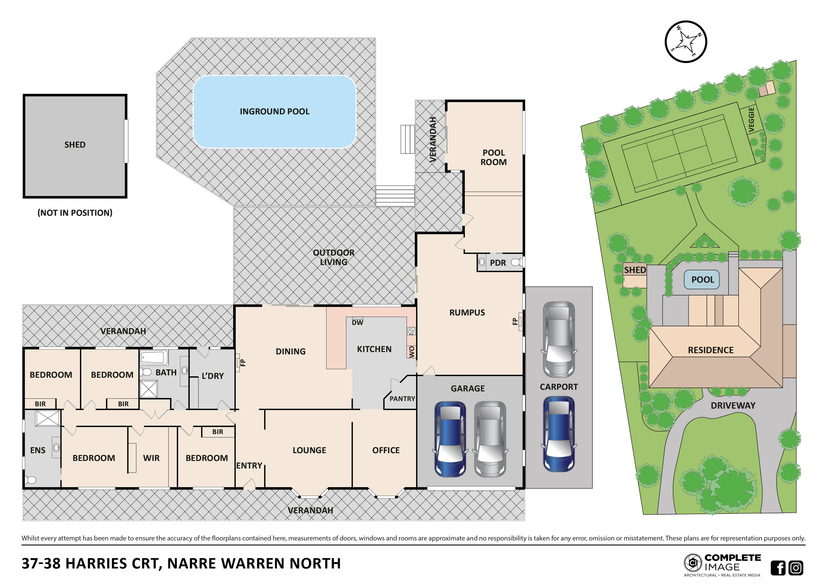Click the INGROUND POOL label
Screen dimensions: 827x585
[x=275, y=112]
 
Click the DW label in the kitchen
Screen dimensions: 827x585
[x=357, y=323]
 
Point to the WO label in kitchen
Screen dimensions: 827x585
[x=411, y=352]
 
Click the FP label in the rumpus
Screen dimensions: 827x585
[x=515, y=321]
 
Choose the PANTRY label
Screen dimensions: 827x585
[x=402, y=399]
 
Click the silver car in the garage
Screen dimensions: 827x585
[x=490, y=439]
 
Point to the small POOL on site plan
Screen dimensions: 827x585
[x=702, y=280]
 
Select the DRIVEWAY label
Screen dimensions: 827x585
[x=733, y=406]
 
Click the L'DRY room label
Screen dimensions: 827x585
[x=213, y=376]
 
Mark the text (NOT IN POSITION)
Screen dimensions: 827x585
[x=75, y=213]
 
